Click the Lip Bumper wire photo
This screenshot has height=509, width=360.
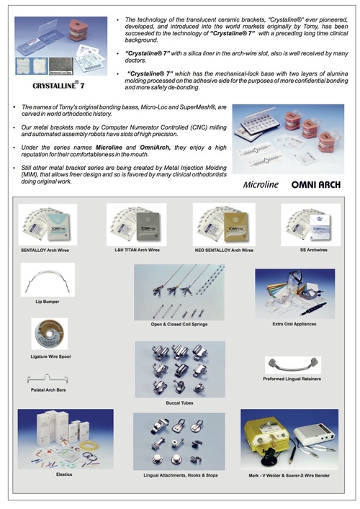coord(48,276)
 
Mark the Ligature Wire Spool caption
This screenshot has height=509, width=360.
coord(48,357)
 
